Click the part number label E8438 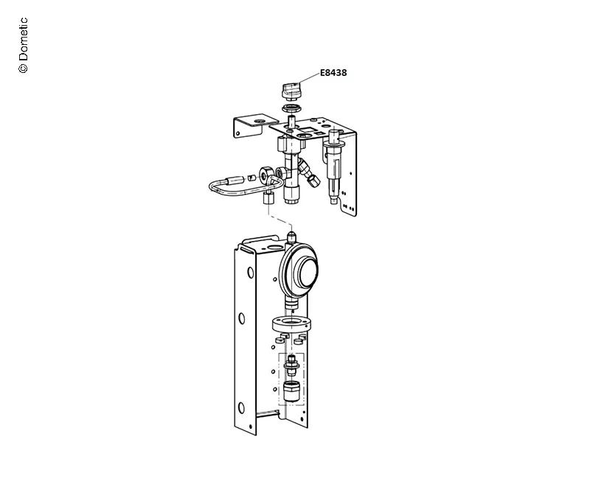[x=333, y=72]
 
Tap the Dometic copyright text [x=23, y=45]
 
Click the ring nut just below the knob [x=291, y=109]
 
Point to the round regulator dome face [x=308, y=272]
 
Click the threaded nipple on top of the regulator [x=291, y=237]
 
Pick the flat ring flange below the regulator [x=291, y=324]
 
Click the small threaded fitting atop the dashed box [x=291, y=364]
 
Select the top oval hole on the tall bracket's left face [x=251, y=273]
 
